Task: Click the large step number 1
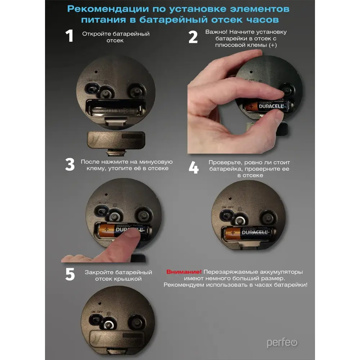click(x=69, y=36)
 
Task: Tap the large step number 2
click(x=193, y=37)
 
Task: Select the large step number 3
click(x=70, y=164)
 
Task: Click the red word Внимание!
click(x=184, y=272)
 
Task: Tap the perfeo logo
click(x=282, y=343)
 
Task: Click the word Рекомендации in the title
click(x=108, y=9)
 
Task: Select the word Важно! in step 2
click(x=216, y=32)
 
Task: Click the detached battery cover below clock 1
click(x=116, y=140)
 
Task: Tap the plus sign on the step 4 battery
click(x=233, y=233)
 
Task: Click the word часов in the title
click(x=263, y=20)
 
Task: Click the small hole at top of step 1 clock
click(x=96, y=72)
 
